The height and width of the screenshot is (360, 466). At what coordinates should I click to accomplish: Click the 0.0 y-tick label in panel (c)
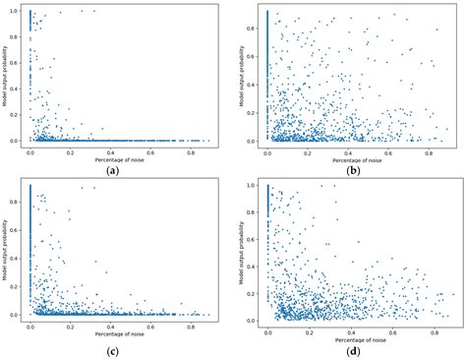point(17,315)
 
